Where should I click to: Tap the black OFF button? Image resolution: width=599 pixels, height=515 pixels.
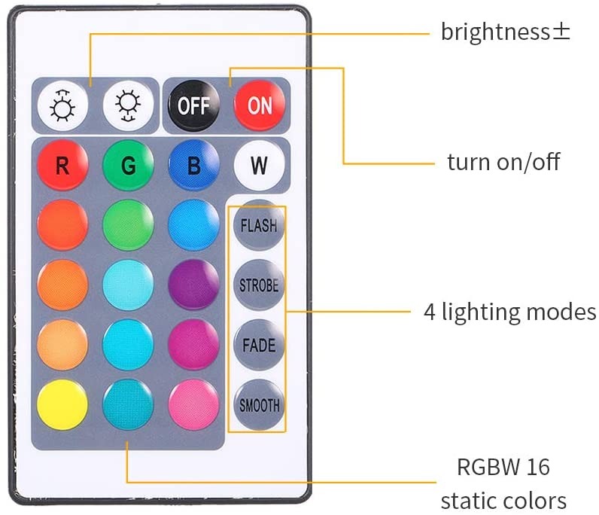click(193, 104)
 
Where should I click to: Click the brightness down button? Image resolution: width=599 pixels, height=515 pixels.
click(128, 104)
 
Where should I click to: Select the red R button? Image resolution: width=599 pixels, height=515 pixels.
click(62, 165)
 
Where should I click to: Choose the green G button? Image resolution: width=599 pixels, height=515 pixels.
click(128, 165)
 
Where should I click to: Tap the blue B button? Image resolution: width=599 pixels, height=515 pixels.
click(193, 165)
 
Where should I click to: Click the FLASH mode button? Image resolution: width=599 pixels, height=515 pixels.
click(258, 225)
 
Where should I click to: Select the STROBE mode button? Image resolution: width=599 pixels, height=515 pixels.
click(258, 285)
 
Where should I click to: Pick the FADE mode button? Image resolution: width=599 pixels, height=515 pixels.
click(258, 346)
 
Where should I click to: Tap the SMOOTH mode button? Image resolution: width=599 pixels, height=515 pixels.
click(258, 405)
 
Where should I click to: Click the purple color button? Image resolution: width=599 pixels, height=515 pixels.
click(193, 285)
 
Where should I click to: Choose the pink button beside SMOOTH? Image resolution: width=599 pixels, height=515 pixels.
click(193, 404)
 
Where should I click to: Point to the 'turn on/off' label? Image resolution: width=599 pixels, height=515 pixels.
click(503, 162)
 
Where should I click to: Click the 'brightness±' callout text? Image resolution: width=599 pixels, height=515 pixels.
click(505, 32)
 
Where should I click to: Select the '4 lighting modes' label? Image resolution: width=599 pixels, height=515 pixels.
click(509, 312)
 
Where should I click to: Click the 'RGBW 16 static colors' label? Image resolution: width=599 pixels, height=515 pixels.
click(503, 483)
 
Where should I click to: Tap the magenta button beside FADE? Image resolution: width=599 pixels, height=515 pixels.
click(193, 345)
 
